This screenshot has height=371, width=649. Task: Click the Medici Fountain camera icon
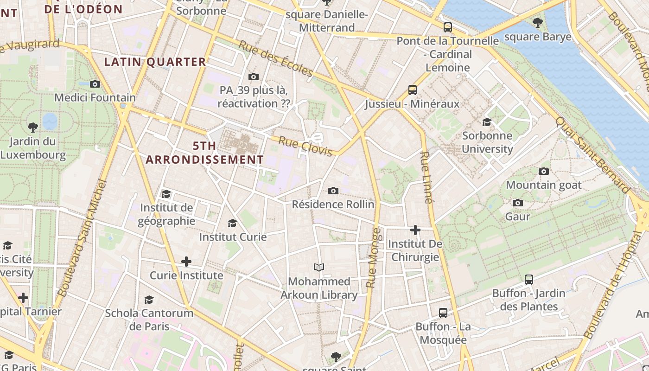(95, 84)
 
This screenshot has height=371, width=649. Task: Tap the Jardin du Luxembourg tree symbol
(32, 127)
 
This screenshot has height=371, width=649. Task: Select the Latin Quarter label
(155, 62)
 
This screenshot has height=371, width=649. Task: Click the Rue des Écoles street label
(276, 58)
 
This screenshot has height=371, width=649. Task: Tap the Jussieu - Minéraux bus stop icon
(412, 90)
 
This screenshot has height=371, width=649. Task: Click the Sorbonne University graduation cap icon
(487, 122)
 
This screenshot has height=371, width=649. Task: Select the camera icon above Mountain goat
(544, 171)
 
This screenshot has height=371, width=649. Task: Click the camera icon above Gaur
(518, 203)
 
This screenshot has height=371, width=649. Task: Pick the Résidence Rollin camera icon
(333, 191)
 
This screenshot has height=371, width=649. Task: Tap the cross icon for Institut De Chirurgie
(415, 230)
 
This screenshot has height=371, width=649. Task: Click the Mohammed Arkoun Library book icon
(319, 267)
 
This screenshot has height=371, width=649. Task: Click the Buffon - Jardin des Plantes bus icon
(529, 279)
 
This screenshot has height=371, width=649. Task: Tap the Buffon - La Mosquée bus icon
(443, 313)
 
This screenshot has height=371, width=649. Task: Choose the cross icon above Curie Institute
(186, 262)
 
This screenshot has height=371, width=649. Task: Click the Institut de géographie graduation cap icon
(166, 194)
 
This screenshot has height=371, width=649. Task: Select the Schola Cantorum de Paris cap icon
(149, 300)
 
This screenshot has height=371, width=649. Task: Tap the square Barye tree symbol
(538, 22)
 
